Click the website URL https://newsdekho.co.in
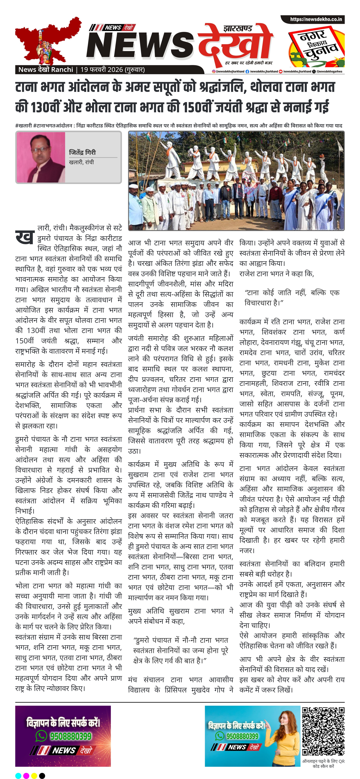tap(316, 19)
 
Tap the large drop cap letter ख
tap(24, 237)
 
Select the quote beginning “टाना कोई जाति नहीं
tap(292, 298)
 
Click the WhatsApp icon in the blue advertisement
tap(220, 736)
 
